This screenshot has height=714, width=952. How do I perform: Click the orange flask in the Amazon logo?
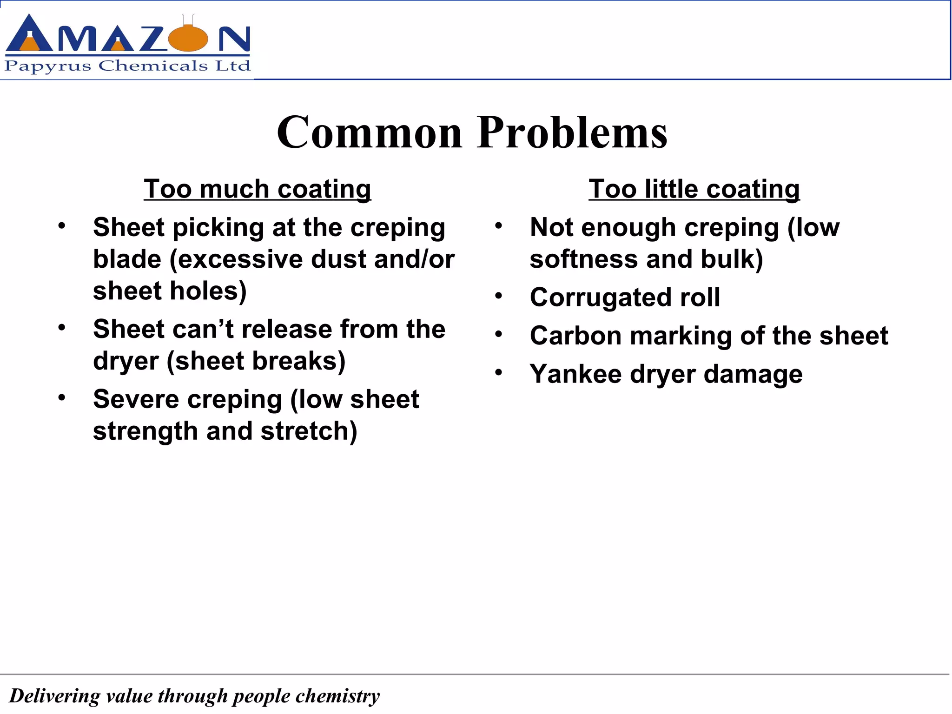189,38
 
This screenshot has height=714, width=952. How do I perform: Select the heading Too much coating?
257,189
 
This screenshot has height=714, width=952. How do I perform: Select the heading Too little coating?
694,189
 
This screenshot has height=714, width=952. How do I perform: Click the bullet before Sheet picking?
62,226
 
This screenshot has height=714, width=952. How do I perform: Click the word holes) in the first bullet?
208,291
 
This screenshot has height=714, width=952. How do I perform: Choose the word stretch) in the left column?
309,431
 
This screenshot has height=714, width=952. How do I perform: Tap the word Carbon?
575,336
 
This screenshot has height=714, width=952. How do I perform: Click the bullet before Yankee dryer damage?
499,373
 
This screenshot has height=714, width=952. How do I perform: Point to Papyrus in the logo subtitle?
48,66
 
